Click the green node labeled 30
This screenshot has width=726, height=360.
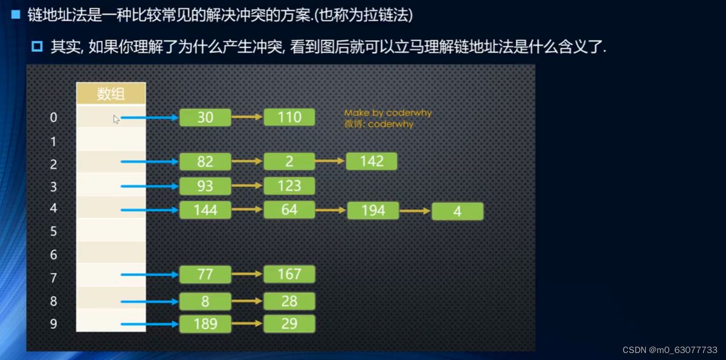(x=205, y=117)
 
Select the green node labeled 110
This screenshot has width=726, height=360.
(x=289, y=117)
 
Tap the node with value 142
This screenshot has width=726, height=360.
(x=372, y=161)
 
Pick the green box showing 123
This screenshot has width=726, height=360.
(x=289, y=186)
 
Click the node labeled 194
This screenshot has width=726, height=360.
(x=373, y=210)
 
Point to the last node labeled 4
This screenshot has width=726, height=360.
(x=457, y=211)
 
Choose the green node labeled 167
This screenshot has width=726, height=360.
(x=289, y=274)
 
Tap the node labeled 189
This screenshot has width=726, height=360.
(x=205, y=323)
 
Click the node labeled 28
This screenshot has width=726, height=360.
(x=289, y=301)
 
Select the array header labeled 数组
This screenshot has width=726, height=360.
(x=111, y=94)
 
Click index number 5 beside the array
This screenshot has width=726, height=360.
(x=53, y=231)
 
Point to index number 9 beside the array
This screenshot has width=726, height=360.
(x=53, y=323)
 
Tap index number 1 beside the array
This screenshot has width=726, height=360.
(x=53, y=142)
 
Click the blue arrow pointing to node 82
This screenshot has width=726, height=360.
(x=150, y=161)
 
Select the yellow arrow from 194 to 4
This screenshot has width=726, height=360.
(x=415, y=211)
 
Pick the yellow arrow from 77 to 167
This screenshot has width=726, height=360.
(x=247, y=274)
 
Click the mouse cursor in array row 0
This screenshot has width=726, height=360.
(x=116, y=119)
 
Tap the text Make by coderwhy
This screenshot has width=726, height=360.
(x=388, y=113)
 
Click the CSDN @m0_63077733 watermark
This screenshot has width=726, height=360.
(x=670, y=350)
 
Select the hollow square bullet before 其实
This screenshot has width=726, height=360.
(x=37, y=46)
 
